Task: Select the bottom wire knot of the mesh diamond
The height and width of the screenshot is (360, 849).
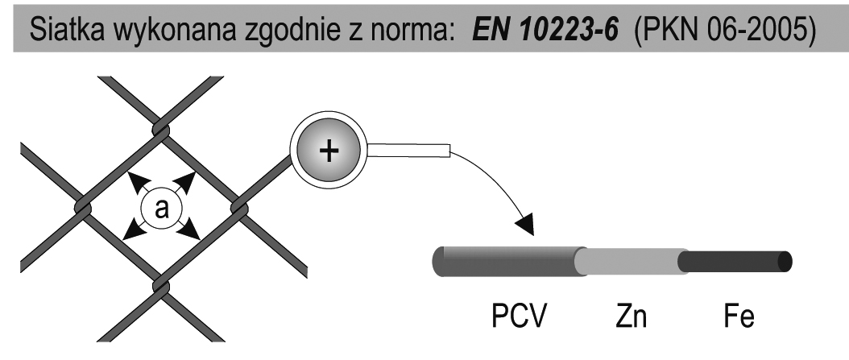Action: coord(159,286)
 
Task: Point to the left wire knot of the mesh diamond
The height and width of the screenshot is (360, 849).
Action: coord(82,208)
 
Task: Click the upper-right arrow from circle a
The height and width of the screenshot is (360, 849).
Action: coord(186,180)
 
